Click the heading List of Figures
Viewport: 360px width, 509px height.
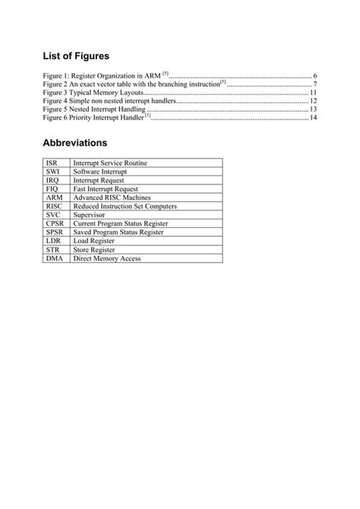pyautogui.click(x=76, y=55)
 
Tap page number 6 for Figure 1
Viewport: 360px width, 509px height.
pyautogui.click(x=314, y=76)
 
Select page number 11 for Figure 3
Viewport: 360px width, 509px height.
pyautogui.click(x=313, y=93)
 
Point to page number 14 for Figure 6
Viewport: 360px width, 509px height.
pyautogui.click(x=313, y=118)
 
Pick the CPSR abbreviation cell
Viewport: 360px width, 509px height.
pyautogui.click(x=54, y=224)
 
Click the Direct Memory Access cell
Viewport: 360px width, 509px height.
pyautogui.click(x=107, y=258)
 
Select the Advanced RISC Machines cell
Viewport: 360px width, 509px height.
pyautogui.click(x=112, y=198)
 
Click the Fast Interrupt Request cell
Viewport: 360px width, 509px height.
pyautogui.click(x=106, y=189)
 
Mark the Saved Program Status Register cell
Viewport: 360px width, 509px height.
pyautogui.click(x=120, y=232)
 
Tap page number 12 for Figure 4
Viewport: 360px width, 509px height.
pyautogui.click(x=313, y=101)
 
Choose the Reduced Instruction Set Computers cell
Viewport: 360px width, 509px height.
pyautogui.click(x=125, y=207)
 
